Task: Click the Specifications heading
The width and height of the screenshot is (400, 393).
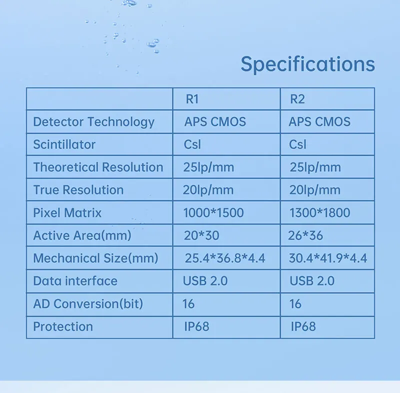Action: click(x=307, y=65)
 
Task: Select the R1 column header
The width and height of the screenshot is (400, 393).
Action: click(x=192, y=99)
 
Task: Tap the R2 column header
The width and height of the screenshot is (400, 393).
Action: click(x=297, y=99)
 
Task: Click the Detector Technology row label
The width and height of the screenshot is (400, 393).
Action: click(x=93, y=122)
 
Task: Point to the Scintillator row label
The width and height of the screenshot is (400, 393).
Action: click(x=64, y=145)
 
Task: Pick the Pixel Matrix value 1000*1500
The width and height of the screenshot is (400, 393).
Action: click(x=213, y=213)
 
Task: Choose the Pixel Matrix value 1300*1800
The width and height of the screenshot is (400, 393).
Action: click(x=319, y=213)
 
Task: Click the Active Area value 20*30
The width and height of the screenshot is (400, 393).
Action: click(x=201, y=236)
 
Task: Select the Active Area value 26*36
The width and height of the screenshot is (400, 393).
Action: click(x=305, y=236)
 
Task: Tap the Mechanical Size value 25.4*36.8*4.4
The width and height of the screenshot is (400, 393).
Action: click(x=225, y=258)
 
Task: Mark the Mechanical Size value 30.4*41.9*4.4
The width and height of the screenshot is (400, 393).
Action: click(x=328, y=258)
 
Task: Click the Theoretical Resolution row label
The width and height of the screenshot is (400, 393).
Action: click(x=98, y=167)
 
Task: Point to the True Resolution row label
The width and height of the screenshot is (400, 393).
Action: click(x=78, y=190)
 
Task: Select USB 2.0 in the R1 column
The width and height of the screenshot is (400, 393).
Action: click(x=205, y=281)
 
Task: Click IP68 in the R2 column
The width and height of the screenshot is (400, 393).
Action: click(x=303, y=327)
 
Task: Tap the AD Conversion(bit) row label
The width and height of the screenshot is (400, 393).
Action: click(x=88, y=304)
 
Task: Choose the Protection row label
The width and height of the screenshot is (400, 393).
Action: click(x=63, y=327)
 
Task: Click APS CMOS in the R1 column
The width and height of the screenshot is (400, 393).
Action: click(x=215, y=122)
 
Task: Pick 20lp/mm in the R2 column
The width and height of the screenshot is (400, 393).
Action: click(x=315, y=190)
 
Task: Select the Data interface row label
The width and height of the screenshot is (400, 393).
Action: click(x=75, y=281)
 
